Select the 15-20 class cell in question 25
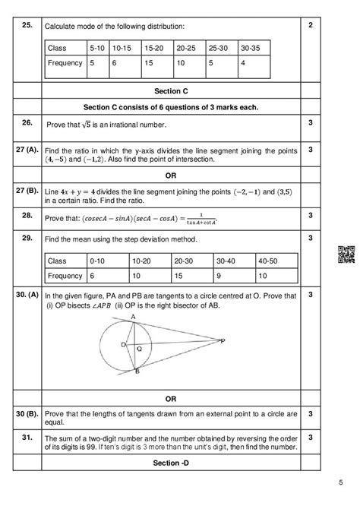(x=154, y=48)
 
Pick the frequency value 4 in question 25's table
(x=242, y=64)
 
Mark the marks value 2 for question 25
(x=311, y=26)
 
